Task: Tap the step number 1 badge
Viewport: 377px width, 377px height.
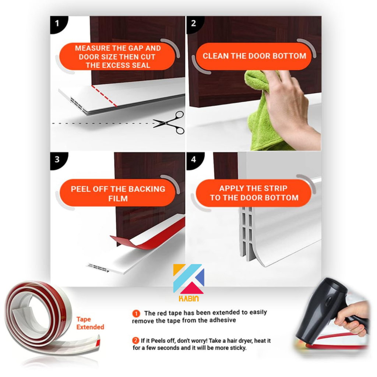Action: (58, 24)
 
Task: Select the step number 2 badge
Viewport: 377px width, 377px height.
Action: (194, 24)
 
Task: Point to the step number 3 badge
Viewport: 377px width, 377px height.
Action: (58, 160)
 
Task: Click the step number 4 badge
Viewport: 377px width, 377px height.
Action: (194, 160)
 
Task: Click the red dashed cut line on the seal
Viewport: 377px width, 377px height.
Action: (104, 96)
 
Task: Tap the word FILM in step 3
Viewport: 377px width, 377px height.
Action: (118, 198)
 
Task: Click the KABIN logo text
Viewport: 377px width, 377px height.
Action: (189, 299)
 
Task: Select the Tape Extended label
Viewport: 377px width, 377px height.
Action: (90, 323)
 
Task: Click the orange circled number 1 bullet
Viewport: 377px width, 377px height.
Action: (136, 314)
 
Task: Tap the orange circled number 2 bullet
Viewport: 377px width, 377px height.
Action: (136, 341)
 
